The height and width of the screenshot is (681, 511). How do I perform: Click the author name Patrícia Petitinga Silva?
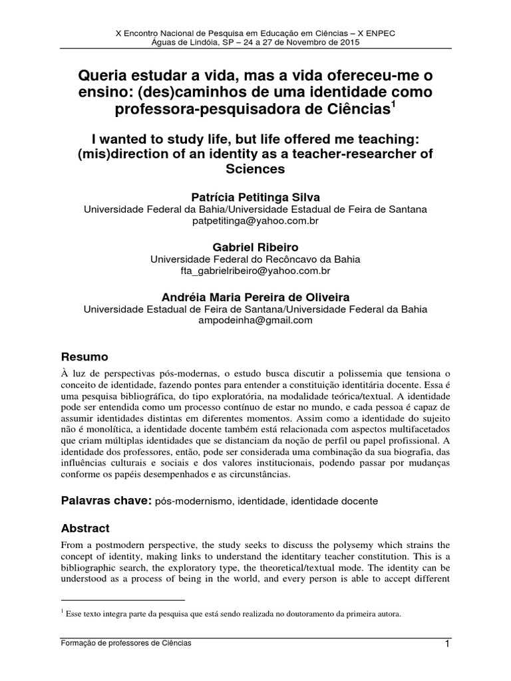255,197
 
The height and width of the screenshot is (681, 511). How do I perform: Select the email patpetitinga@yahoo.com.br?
255,221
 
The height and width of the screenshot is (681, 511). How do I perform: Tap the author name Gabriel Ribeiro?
255,247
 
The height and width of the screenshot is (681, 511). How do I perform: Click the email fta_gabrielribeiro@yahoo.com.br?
255,271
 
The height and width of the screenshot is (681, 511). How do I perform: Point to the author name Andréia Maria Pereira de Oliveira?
255,297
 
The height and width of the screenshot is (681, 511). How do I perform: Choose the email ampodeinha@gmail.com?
255,321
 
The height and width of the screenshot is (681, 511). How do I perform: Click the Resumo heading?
85,356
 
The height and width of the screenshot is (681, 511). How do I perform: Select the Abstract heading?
85,528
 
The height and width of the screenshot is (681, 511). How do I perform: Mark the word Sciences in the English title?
255,169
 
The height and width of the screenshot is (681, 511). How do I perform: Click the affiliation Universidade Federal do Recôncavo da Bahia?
255,259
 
